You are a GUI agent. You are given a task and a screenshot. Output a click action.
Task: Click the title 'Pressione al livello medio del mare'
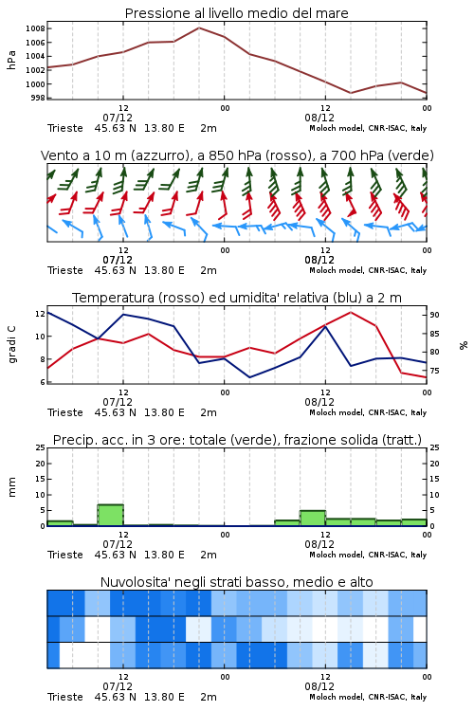pos(236,13)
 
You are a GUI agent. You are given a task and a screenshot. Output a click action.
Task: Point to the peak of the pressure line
pos(199,27)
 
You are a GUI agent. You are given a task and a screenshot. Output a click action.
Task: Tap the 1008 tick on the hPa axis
pos(35,28)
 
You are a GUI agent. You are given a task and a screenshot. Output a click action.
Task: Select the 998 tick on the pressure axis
pos(38,98)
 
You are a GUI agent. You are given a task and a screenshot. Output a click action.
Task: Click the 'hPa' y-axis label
pos(11,60)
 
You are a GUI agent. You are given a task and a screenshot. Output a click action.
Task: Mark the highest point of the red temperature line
pos(351,312)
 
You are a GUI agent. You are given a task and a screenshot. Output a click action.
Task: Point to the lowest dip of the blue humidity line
pos(250,377)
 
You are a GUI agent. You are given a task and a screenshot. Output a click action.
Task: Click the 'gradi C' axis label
pos(11,345)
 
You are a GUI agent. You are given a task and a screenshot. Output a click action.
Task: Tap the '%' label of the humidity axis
pos(464,345)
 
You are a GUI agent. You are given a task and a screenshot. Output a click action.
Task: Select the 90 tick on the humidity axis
pos(434,315)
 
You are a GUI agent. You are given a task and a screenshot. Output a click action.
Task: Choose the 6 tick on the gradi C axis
pos(43,382)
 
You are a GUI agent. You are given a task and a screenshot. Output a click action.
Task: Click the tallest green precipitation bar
pos(111,515)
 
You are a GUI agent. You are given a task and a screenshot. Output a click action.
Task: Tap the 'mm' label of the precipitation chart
pos(11,487)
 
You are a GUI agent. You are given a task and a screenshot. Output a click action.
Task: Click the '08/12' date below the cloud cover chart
pos(319,686)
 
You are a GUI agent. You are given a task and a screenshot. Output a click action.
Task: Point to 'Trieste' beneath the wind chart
pos(65,270)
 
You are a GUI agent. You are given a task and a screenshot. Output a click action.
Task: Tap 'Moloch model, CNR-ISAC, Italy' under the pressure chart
pos(368,128)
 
